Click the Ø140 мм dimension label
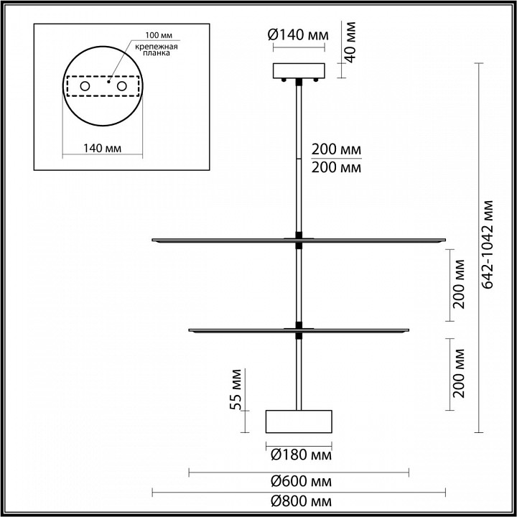pos(298,34)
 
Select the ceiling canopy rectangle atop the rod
pos(298,71)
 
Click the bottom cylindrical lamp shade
pos(299,421)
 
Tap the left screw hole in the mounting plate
pos(85,87)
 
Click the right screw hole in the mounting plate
pos(121,87)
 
